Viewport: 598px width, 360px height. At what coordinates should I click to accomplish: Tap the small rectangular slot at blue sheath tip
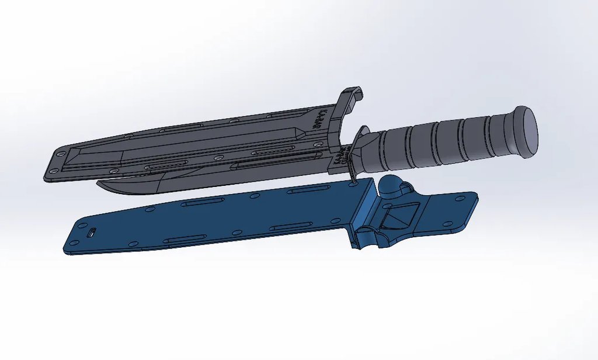pos(92,233)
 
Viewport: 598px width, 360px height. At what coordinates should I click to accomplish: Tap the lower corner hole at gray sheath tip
pos(53,171)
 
